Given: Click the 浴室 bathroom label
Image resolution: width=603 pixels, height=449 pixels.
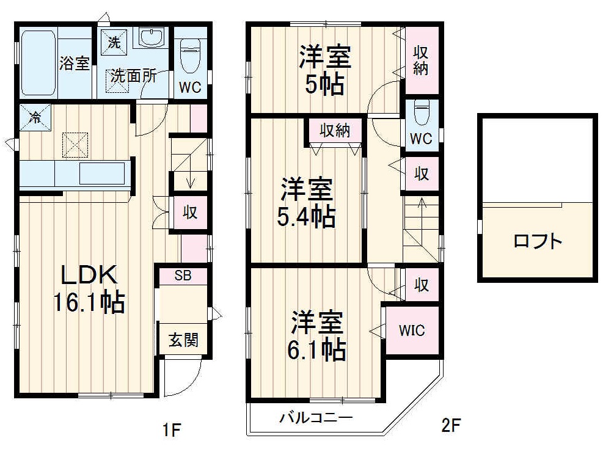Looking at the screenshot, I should point(75,63).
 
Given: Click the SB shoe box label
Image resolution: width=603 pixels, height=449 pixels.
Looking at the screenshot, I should point(183,276).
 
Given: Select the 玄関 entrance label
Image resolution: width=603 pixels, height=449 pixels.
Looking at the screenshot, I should point(183,340).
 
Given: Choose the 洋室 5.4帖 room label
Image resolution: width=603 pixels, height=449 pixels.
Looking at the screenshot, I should point(307,201).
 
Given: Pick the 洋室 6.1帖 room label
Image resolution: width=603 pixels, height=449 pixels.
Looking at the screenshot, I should point(318,337).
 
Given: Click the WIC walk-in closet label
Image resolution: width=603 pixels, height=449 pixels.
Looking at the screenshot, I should point(412,330).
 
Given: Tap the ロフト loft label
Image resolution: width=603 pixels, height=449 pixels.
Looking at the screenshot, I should point(537,241).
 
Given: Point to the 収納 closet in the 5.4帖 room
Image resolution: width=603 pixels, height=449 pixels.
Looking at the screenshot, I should point(334,130).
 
